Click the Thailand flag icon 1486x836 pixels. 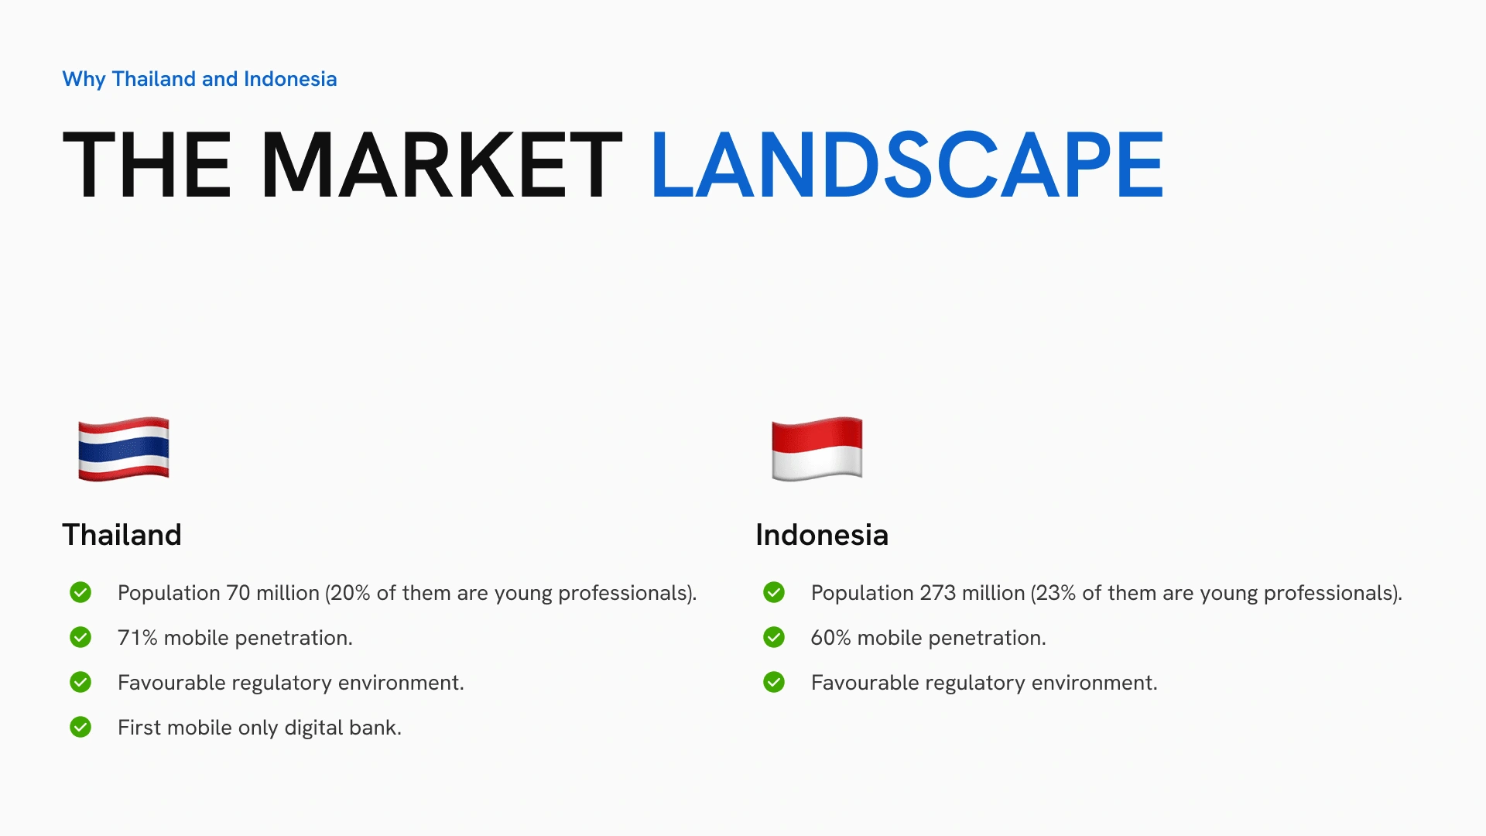point(124,449)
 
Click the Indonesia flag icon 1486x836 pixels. point(817,449)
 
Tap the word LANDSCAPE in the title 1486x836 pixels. point(908,164)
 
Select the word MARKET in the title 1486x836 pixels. point(442,164)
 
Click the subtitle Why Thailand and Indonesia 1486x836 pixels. point(200,79)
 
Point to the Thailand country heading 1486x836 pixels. point(122,535)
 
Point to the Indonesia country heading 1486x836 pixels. point(822,535)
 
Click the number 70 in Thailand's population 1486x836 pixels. point(238,593)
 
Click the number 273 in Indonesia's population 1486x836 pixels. point(938,593)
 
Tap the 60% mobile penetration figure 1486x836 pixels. point(831,638)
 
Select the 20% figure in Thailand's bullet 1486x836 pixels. point(351,593)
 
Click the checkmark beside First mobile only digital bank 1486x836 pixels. point(80,727)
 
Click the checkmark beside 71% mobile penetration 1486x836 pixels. point(80,637)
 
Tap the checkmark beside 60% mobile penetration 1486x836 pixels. point(774,637)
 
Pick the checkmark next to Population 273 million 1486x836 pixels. point(774,592)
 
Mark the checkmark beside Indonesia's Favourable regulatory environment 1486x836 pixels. point(774,682)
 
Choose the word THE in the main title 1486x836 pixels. point(147,164)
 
